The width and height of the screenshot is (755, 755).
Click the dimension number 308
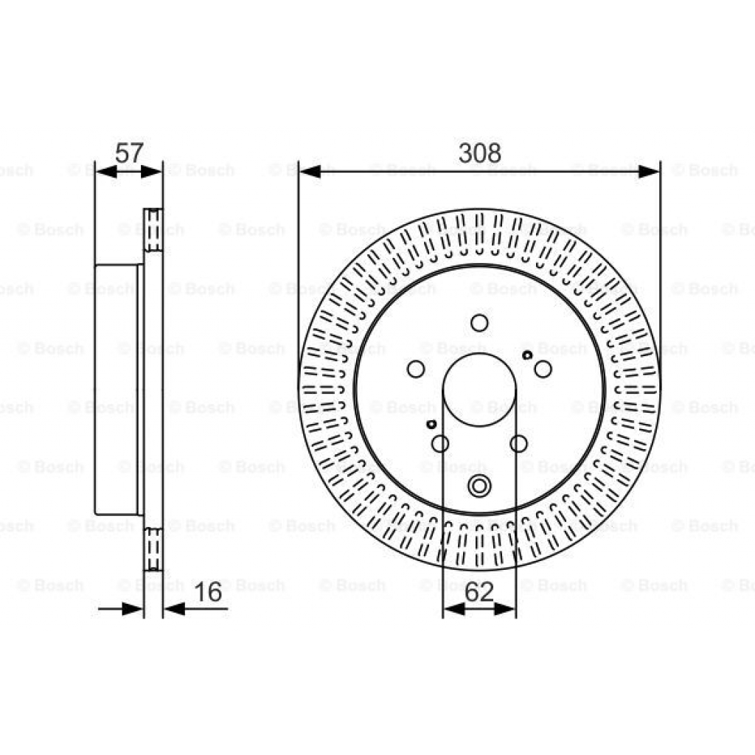tap(479, 153)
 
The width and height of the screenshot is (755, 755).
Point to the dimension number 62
tap(479, 591)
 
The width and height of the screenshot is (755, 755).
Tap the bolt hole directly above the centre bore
tap(479, 323)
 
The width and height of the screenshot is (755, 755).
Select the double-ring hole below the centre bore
tap(479, 486)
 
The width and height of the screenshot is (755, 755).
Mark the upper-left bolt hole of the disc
tap(416, 369)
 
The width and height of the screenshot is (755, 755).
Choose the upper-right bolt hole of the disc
tap(543, 369)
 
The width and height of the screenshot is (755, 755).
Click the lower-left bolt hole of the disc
tap(440, 443)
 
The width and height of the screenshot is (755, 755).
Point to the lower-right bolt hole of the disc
tap(519, 443)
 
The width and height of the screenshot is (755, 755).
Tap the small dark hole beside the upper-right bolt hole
tap(527, 355)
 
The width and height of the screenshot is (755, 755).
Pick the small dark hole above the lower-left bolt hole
tap(432, 424)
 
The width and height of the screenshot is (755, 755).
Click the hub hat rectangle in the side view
tap(118, 389)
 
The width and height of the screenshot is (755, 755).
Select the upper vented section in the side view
tap(153, 230)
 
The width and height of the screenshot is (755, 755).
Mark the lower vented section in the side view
tap(153, 549)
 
